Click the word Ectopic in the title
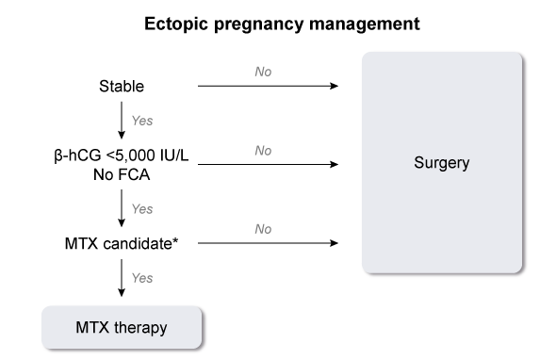(176, 24)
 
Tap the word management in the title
(364, 25)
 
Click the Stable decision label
(122, 86)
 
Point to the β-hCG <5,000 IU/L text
(122, 155)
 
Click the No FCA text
(122, 174)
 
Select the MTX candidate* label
(122, 244)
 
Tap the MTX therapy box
(122, 327)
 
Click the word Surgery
(442, 163)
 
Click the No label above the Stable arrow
(263, 72)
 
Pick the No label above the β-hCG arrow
(263, 151)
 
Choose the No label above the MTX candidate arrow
(263, 229)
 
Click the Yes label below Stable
(142, 121)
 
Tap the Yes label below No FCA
(142, 209)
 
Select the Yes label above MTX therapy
(142, 278)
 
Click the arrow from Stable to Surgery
(268, 86)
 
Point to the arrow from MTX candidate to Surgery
(268, 243)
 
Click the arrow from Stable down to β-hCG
(122, 121)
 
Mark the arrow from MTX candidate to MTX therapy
(122, 278)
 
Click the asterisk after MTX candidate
(175, 241)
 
